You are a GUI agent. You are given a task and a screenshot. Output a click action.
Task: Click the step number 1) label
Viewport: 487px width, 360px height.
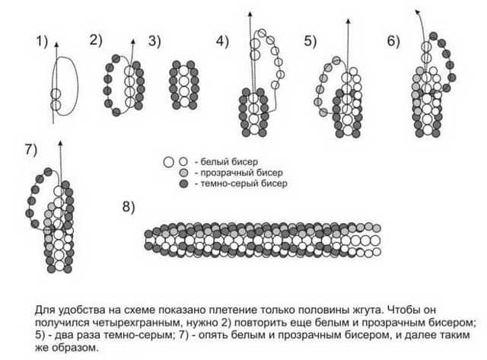42,41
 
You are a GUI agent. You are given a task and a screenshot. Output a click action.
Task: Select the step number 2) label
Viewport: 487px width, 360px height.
96,40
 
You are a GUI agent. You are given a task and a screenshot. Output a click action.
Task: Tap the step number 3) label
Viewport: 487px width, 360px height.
154,41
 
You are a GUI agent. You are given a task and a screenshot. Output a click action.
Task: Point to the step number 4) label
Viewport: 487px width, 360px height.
222,41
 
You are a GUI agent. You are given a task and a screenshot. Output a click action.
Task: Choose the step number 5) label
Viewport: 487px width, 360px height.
310,41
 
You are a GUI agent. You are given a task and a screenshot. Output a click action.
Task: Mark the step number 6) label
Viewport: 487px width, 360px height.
393,41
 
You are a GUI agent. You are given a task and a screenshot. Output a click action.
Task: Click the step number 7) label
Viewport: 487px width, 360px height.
31,150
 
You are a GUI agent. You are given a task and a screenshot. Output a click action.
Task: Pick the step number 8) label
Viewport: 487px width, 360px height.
129,206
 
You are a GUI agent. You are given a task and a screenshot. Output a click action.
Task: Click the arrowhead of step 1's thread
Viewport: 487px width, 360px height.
56,44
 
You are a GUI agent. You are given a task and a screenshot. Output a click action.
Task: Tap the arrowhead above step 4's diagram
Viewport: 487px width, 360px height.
250,14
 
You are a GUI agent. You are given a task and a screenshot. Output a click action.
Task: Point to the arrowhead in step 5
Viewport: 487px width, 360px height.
349,21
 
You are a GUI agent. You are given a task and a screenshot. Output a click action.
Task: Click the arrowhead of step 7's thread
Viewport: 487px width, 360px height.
60,143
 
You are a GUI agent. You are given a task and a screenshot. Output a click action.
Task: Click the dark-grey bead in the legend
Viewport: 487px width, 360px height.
184,184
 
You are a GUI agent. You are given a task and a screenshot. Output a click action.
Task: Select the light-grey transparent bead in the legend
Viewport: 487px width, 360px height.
184,173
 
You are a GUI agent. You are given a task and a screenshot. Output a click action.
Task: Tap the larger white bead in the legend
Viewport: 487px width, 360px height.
168,162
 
